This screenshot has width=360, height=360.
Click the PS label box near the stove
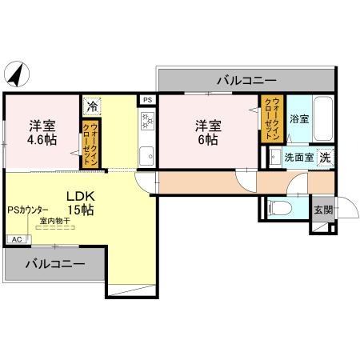coord(146,99)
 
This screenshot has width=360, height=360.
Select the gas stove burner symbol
coord(146,121)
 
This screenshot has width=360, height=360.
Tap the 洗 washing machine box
coord(325,157)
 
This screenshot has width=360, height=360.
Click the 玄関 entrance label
coord(323,210)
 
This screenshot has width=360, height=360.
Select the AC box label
coord(16,238)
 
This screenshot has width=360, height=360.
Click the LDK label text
coord(80,196)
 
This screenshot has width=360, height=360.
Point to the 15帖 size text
coord(80,210)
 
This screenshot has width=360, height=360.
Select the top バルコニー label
coord(245,80)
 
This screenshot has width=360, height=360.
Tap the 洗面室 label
coord(300,157)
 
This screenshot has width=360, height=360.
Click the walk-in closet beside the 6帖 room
coord(270,118)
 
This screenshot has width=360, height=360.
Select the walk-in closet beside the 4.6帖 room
coord(92,144)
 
